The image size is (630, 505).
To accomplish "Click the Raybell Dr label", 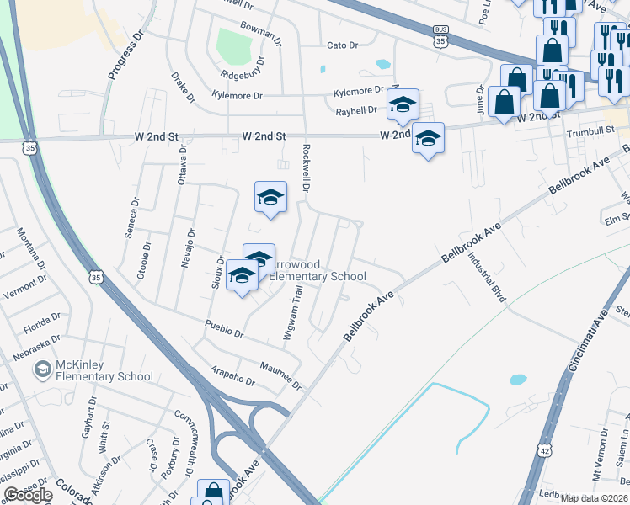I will pos(356,110).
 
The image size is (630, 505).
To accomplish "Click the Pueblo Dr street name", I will pos(224,329).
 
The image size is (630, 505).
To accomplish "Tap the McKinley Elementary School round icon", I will pos(41,369).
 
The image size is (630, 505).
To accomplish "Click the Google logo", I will pos(28,495).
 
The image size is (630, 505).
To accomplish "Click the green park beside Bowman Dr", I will pos(234,45).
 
